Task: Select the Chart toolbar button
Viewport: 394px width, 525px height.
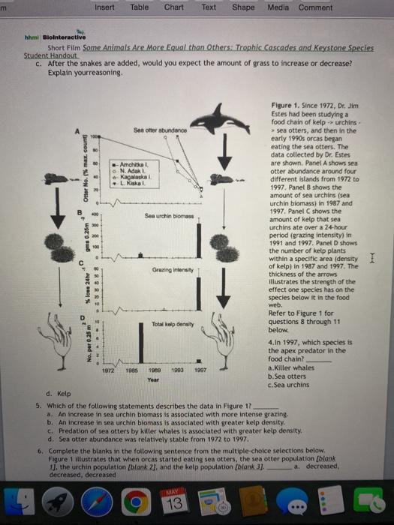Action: coord(175,7)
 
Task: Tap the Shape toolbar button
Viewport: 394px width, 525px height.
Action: coord(243,7)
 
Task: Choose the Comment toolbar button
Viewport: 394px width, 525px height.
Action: coord(315,7)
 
